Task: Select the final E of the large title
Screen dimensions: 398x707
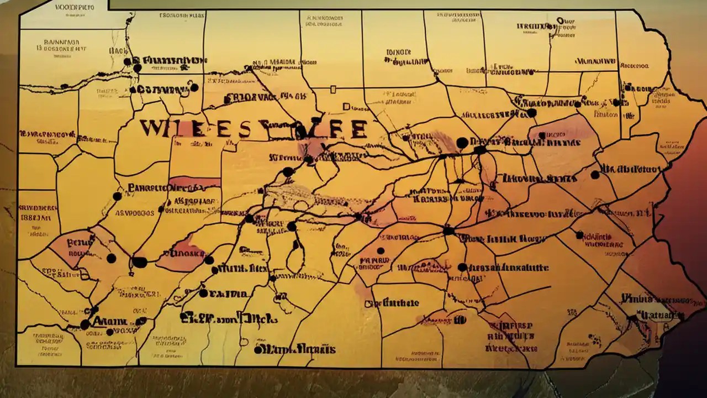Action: point(356,128)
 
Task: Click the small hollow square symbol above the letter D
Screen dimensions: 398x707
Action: point(333,89)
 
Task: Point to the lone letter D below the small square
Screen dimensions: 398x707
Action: point(346,107)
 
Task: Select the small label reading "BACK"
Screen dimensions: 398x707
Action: point(118,50)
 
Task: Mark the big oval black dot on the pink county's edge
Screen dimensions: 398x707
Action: point(140,262)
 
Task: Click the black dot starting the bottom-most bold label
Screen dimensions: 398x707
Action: point(258,349)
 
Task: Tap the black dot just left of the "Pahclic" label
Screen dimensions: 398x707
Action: point(117,196)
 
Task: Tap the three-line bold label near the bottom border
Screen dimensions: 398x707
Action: point(511,336)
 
